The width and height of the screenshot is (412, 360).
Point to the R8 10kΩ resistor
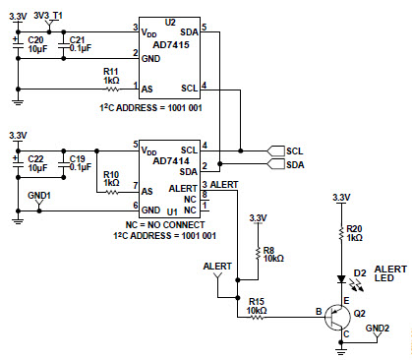257,255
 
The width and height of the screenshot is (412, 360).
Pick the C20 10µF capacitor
20,44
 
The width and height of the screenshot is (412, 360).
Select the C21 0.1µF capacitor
64,44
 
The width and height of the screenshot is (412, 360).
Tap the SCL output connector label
294,150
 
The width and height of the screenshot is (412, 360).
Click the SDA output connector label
294,165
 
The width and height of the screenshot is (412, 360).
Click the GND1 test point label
38,195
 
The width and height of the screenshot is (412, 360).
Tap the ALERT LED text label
390,273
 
